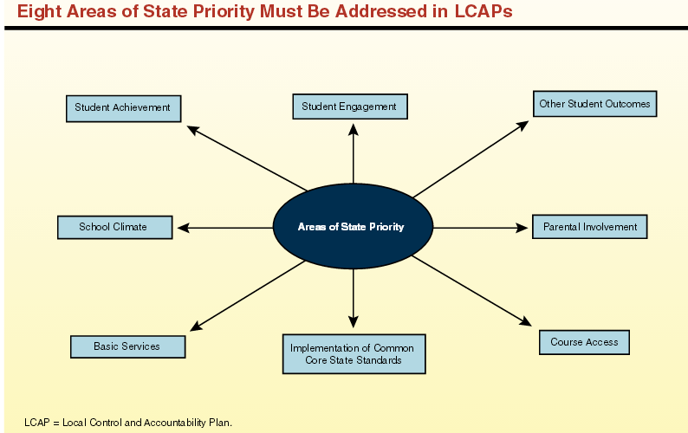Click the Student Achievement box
point(123,108)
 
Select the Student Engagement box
point(349,107)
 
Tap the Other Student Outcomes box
point(594,104)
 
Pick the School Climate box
point(113,227)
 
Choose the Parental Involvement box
point(589,227)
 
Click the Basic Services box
point(127,346)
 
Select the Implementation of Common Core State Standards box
point(354,353)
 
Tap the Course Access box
point(584,342)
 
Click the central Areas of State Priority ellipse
point(352,227)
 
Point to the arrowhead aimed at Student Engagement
point(354,129)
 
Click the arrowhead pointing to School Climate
point(184,228)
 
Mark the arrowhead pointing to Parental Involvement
point(522,228)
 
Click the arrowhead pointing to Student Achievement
point(193,130)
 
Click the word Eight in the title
point(39,13)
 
